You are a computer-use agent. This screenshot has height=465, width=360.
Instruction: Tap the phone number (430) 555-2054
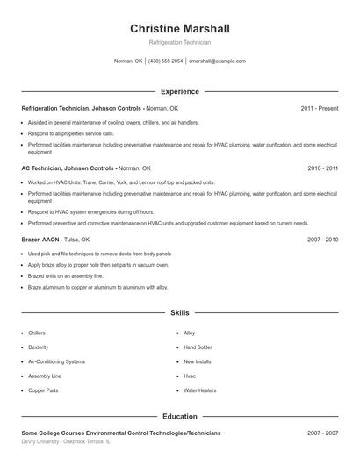(x=165, y=61)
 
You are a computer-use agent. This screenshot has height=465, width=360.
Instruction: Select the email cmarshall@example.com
(x=217, y=61)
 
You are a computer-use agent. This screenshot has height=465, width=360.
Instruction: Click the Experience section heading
(x=180, y=91)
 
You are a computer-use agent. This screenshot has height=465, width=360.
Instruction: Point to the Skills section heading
(x=180, y=312)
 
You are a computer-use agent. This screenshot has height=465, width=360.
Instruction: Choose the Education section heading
(x=180, y=416)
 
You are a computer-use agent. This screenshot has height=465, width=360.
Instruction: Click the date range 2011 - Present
(x=319, y=108)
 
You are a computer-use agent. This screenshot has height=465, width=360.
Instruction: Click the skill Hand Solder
(x=198, y=347)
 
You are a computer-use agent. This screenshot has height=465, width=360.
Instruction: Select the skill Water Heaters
(x=200, y=390)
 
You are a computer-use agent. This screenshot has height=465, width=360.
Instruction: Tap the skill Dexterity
(x=39, y=347)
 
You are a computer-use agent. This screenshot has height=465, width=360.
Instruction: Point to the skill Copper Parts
(x=43, y=390)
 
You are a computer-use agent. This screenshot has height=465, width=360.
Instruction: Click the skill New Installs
(x=197, y=361)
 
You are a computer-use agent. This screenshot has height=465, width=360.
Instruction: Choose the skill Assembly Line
(x=45, y=376)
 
